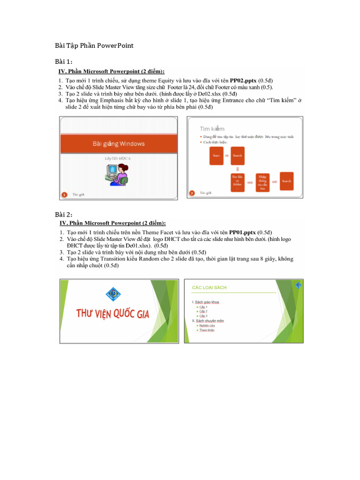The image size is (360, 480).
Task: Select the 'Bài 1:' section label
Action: (63, 62)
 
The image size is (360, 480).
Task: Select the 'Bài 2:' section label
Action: (64, 215)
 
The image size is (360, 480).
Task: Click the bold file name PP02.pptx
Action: (243, 80)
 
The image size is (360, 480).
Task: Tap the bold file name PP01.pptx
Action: (242, 232)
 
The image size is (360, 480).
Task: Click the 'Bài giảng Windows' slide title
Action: (118, 143)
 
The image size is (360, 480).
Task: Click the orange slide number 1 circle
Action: (65, 193)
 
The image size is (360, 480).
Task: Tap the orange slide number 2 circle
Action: (192, 193)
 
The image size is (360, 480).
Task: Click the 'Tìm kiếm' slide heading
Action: (212, 128)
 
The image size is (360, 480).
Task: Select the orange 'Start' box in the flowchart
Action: (217, 155)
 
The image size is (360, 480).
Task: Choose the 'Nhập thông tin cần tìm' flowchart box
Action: (262, 181)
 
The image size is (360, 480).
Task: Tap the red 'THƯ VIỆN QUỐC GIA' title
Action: (113, 314)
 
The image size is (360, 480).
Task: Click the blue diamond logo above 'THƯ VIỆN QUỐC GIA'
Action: (112, 293)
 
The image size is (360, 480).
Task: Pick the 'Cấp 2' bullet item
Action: (203, 311)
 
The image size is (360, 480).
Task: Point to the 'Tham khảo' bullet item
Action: (207, 330)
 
